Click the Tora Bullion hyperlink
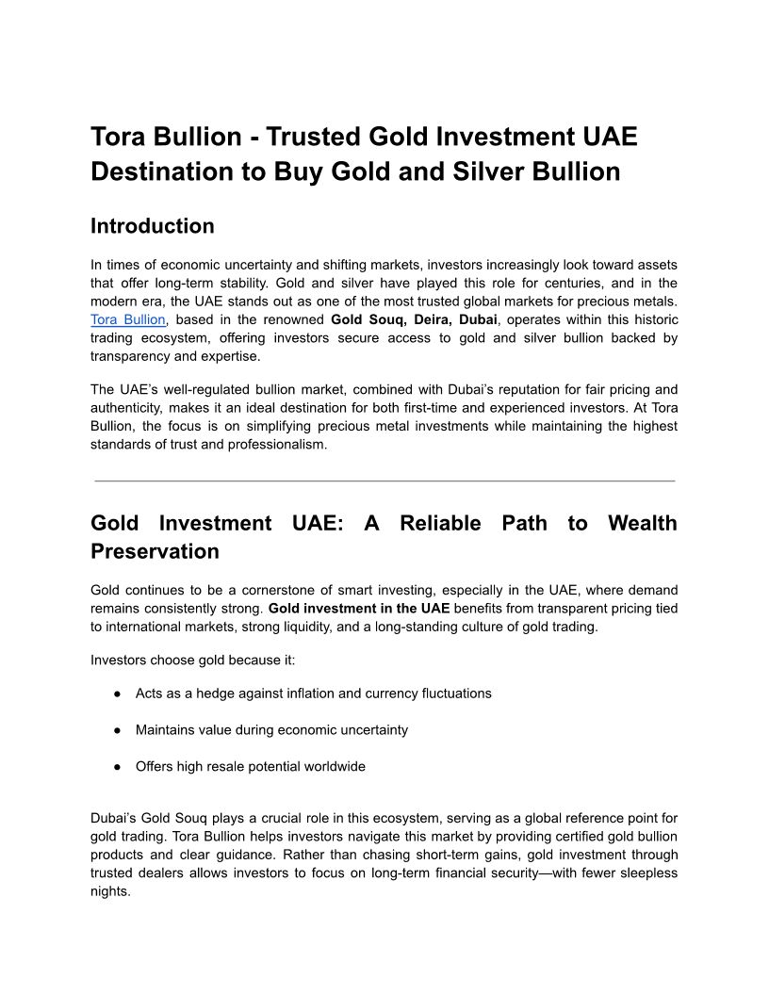[x=127, y=320]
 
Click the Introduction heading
[x=152, y=226]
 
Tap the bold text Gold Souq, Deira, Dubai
[x=414, y=320]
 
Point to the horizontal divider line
[x=384, y=481]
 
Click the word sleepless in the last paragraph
[x=647, y=873]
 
